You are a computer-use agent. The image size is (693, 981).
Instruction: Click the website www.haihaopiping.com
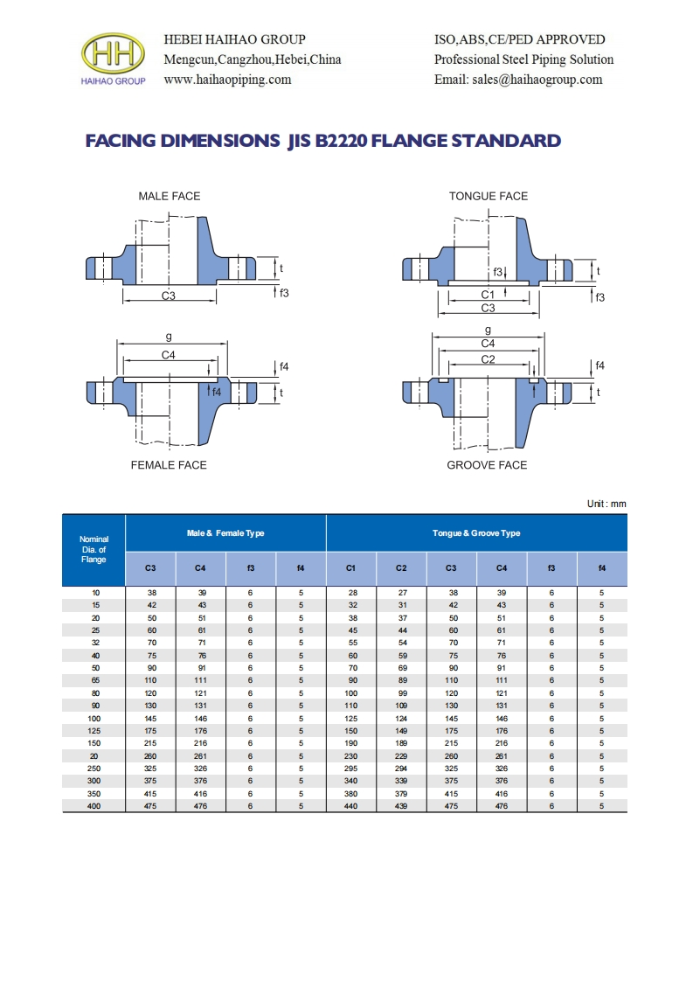click(227, 80)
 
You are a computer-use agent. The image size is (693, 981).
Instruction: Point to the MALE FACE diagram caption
click(169, 196)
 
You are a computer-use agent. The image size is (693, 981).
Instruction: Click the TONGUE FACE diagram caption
click(489, 196)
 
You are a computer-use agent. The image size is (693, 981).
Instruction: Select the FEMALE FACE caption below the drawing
click(169, 465)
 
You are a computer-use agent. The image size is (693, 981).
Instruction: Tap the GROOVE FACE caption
click(487, 465)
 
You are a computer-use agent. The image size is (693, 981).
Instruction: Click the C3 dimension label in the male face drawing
click(169, 296)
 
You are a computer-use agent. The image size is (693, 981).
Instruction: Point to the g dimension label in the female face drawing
click(169, 336)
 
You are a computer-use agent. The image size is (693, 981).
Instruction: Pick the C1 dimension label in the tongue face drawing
click(488, 295)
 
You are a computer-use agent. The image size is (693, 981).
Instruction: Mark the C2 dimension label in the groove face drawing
click(488, 359)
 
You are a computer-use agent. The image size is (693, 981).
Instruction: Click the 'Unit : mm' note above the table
click(606, 504)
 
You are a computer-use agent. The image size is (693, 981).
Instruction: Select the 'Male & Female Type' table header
click(225, 533)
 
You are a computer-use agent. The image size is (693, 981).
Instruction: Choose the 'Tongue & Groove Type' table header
click(476, 533)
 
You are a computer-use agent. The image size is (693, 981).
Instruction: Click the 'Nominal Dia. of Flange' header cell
click(94, 550)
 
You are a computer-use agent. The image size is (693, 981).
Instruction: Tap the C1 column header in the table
click(351, 569)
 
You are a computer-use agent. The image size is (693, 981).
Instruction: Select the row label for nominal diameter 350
click(94, 794)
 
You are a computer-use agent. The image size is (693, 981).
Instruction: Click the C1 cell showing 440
click(351, 806)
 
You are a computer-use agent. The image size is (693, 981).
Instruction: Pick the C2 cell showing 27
click(401, 593)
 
